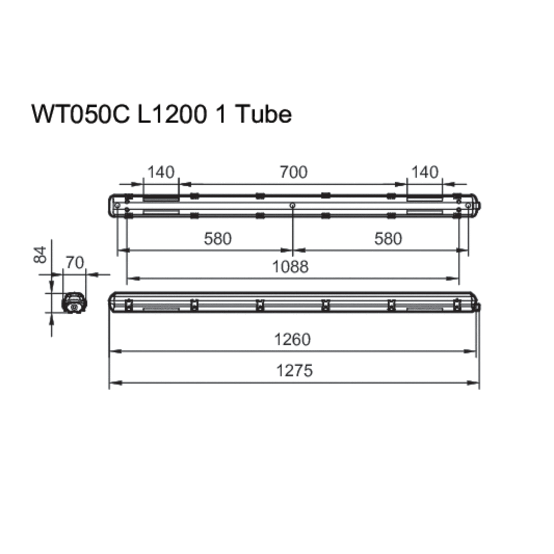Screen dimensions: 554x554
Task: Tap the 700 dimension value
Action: click(294, 172)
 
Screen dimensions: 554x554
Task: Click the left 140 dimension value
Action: click(161, 172)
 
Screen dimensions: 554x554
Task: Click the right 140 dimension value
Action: click(425, 172)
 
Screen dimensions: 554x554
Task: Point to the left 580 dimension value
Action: click(218, 239)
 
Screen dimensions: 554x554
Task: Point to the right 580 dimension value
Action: click(388, 239)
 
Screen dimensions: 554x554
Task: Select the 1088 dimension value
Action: click(290, 267)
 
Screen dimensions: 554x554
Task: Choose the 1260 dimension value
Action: click(292, 340)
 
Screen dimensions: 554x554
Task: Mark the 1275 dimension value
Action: click(294, 370)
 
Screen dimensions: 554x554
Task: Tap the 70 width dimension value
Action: click(75, 263)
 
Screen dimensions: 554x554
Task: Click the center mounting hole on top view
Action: click(292, 205)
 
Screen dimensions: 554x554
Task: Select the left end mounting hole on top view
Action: click(117, 205)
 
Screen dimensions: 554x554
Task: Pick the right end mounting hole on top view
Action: click(468, 205)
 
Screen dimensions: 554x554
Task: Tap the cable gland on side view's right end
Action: click(479, 307)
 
